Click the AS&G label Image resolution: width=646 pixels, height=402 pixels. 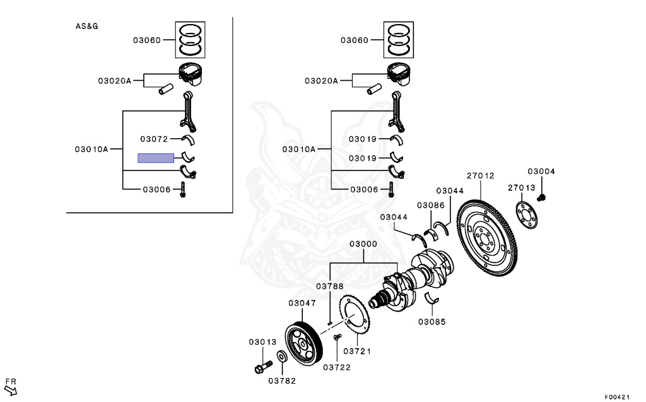(x=86, y=27)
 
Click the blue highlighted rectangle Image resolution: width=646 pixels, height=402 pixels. (x=156, y=158)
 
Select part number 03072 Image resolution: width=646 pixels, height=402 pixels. (x=154, y=139)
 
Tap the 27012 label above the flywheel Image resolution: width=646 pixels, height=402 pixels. (x=480, y=175)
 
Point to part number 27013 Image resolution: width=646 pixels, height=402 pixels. (x=521, y=187)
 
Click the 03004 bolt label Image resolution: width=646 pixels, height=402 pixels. (x=541, y=171)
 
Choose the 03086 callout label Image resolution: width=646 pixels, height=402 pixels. (x=430, y=205)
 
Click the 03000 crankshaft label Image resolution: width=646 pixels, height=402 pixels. (x=363, y=244)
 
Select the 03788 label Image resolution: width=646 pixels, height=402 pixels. (x=329, y=286)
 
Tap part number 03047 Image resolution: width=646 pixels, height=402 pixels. (x=302, y=303)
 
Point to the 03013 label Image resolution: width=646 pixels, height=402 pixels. (x=262, y=342)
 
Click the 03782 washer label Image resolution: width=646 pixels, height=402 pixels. (x=282, y=381)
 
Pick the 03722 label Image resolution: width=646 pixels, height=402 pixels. (x=337, y=367)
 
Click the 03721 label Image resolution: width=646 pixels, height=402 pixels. (x=357, y=352)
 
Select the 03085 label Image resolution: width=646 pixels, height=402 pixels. (x=432, y=322)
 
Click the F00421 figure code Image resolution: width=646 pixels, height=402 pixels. (x=617, y=397)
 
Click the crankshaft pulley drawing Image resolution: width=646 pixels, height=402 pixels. (x=304, y=344)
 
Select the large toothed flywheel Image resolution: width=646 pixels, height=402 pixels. (x=487, y=238)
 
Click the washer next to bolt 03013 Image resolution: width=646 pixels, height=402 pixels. (x=282, y=356)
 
